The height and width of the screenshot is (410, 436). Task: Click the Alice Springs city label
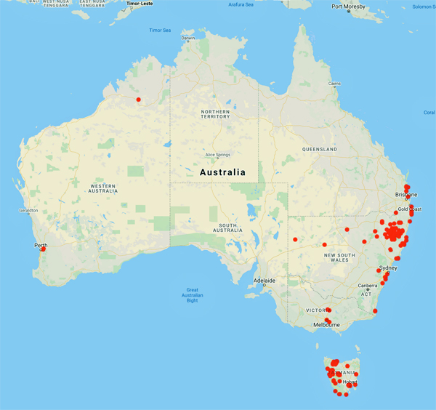(x=219, y=155)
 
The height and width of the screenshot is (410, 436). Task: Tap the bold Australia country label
(x=222, y=173)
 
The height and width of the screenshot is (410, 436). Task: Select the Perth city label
(x=40, y=245)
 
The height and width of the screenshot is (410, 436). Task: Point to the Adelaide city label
(x=264, y=280)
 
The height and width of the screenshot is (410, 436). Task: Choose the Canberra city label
(x=368, y=286)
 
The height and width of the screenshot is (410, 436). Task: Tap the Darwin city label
(x=188, y=38)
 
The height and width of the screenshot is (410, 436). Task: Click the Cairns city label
(x=334, y=84)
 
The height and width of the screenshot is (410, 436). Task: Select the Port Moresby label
(x=348, y=7)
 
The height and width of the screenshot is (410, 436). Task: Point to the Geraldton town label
(x=28, y=211)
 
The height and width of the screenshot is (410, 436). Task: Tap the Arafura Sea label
(x=241, y=5)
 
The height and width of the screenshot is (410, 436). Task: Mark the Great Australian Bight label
(x=193, y=294)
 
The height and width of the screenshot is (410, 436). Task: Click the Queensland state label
(x=320, y=149)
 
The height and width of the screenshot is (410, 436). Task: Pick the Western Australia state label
(x=102, y=188)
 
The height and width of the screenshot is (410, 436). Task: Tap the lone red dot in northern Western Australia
(x=139, y=100)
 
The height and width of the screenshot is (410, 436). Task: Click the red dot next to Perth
(x=43, y=249)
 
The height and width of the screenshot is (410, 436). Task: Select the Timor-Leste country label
(x=140, y=4)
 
